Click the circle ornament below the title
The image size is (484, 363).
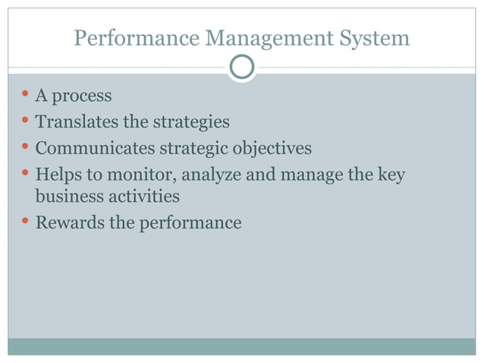pos(242,68)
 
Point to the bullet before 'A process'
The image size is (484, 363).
pos(25,95)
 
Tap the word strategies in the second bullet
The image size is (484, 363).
pos(191,122)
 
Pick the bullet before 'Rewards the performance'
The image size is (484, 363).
pos(25,221)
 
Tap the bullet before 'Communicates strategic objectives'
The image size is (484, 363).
pos(25,146)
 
